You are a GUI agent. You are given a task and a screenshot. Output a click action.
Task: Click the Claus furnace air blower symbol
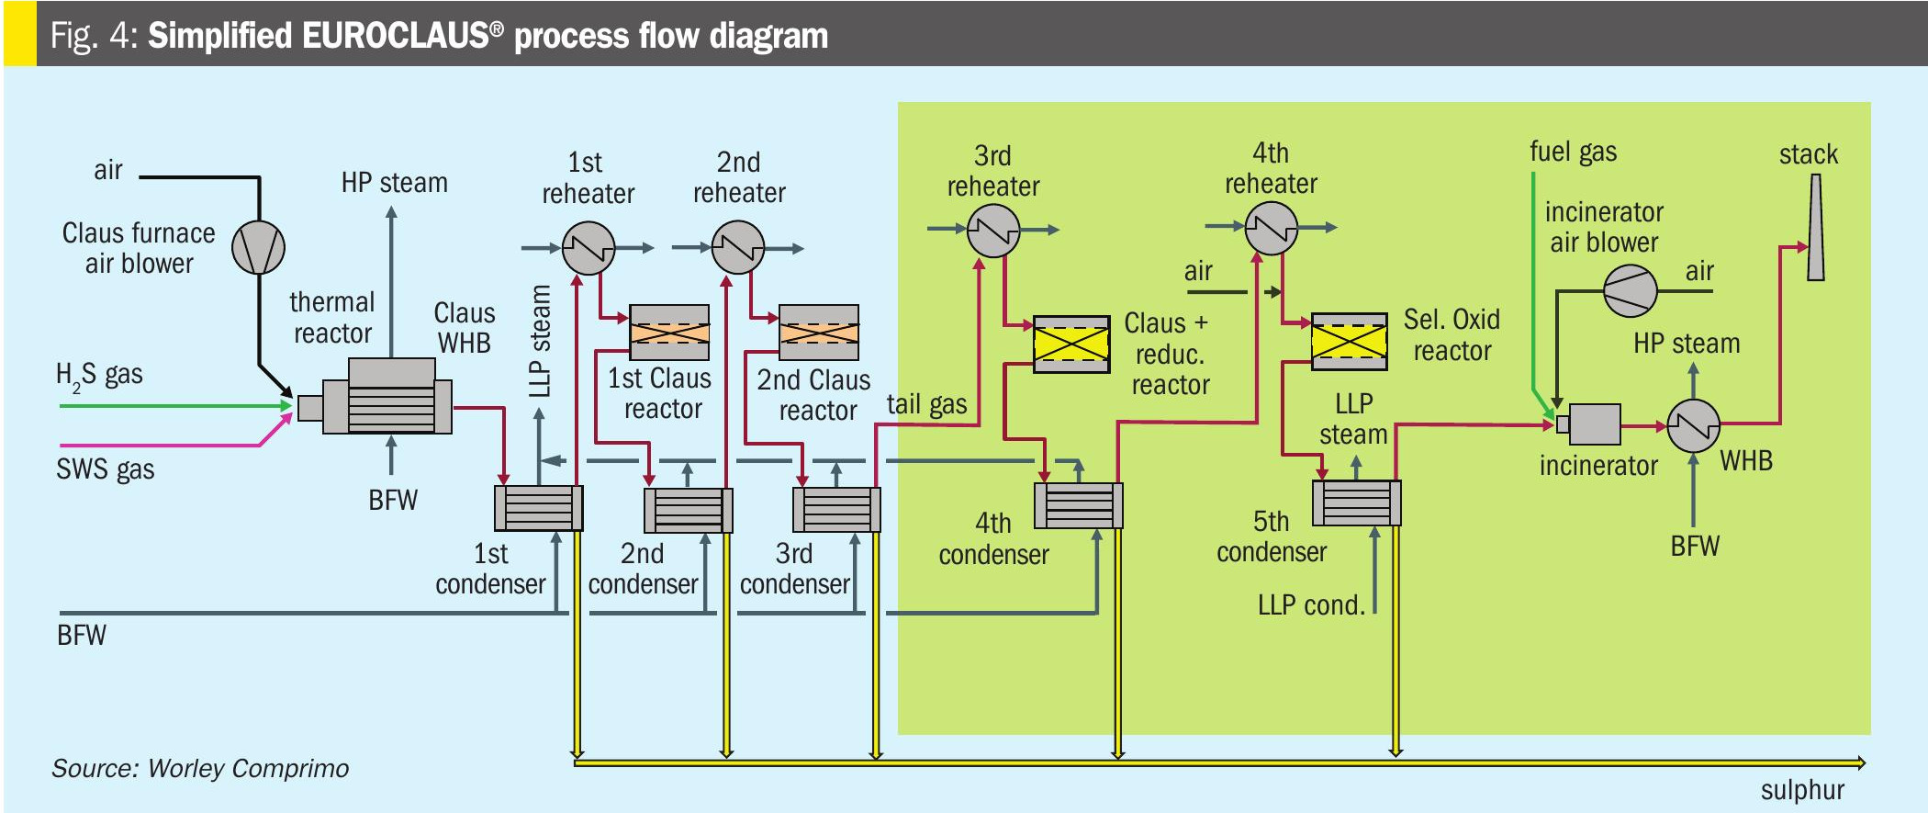point(258,247)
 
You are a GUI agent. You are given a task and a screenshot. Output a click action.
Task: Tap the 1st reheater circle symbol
point(588,248)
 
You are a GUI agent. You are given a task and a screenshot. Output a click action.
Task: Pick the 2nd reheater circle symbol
point(738,247)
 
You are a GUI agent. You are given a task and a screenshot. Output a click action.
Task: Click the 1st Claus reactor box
point(669,333)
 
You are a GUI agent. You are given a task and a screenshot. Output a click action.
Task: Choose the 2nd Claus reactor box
point(819,333)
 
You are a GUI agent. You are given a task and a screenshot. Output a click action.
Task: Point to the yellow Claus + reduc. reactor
point(1071,344)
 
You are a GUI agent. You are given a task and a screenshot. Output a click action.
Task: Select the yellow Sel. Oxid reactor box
point(1349,342)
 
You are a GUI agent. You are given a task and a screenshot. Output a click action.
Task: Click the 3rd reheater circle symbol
point(993,230)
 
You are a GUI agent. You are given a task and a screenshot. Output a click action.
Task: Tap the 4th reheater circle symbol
point(1272,227)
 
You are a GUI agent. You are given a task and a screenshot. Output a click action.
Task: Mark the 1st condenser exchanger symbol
point(538,508)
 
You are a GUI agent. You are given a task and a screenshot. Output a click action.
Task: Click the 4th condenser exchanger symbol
point(1079,505)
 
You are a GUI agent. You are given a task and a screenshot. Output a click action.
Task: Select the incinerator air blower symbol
point(1630,291)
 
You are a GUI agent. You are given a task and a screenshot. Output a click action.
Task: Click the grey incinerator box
point(1594,424)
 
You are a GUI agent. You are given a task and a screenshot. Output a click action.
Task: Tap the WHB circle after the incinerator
point(1693,425)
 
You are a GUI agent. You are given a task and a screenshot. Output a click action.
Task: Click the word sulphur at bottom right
point(1801,790)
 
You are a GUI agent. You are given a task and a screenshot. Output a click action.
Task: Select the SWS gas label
point(106,469)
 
